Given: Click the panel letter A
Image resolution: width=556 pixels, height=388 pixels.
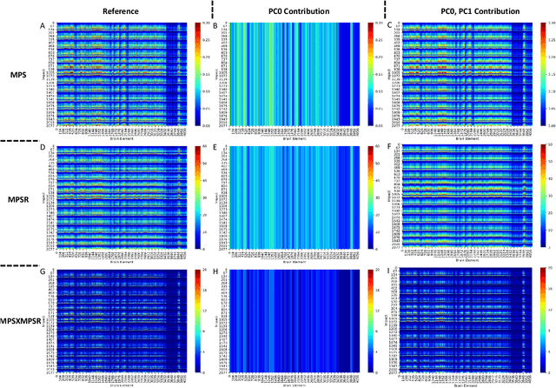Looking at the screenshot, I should click(x=43, y=25).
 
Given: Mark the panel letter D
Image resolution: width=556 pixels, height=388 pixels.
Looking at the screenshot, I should click(x=43, y=149).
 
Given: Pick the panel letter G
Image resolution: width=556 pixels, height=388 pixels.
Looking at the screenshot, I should click(x=43, y=272).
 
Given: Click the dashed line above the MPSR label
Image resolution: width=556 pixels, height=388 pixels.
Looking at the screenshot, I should click(x=21, y=140).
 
